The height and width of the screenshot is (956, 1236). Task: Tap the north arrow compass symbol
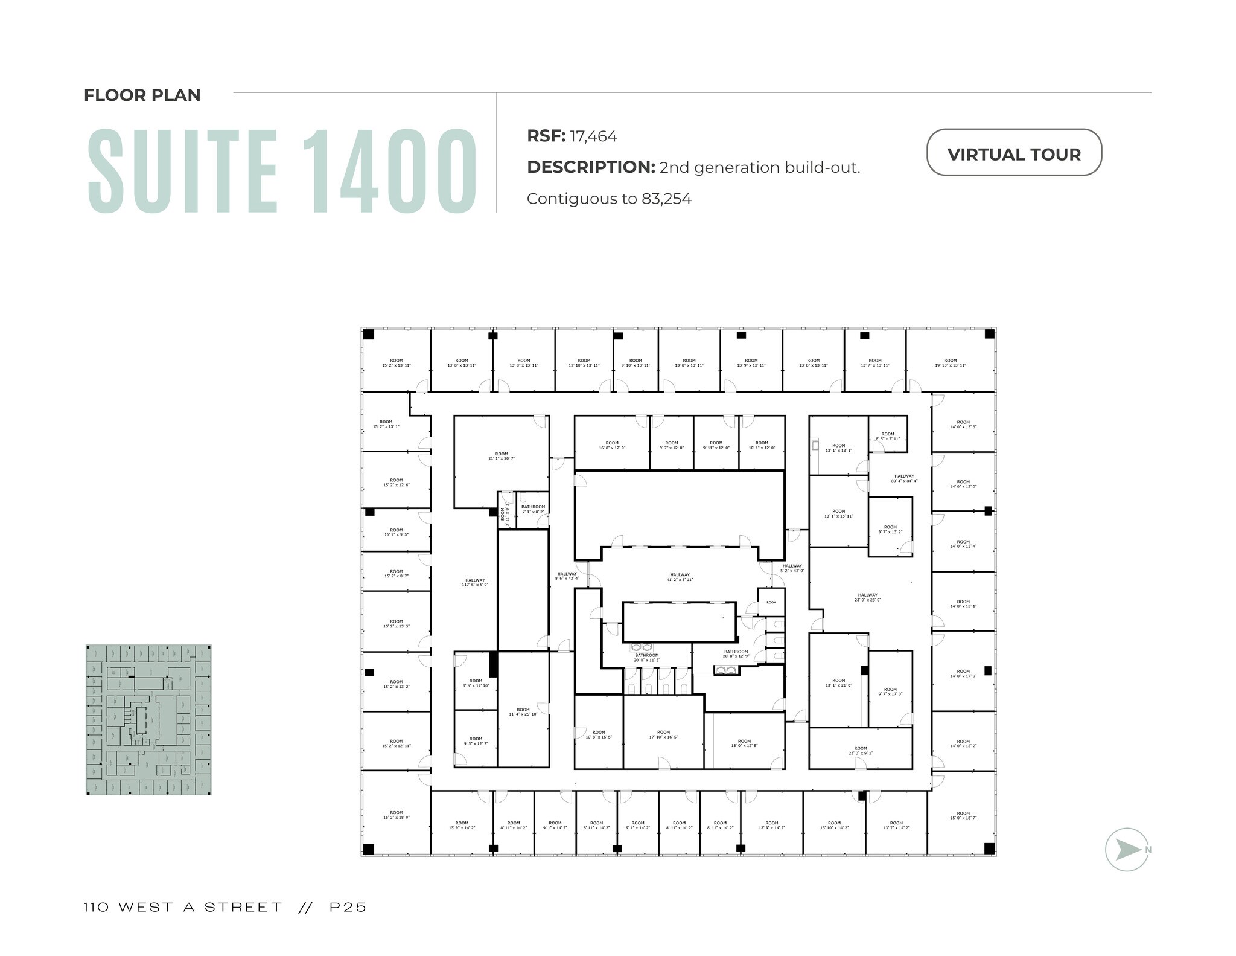pyautogui.click(x=1126, y=849)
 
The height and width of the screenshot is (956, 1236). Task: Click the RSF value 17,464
pyautogui.click(x=593, y=136)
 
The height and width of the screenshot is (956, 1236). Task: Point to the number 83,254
pyautogui.click(x=666, y=199)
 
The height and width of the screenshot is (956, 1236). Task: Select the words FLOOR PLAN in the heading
pyautogui.click(x=142, y=95)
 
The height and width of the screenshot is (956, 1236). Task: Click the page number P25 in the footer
pyautogui.click(x=348, y=907)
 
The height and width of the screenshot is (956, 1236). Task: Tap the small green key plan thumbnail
pyautogui.click(x=148, y=719)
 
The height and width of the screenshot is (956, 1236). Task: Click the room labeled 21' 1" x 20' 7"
pyautogui.click(x=502, y=456)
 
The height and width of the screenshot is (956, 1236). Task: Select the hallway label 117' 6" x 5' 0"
pyautogui.click(x=475, y=582)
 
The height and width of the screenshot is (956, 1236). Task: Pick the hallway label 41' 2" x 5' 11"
pyautogui.click(x=680, y=577)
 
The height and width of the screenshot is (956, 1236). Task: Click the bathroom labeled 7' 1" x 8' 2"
pyautogui.click(x=533, y=509)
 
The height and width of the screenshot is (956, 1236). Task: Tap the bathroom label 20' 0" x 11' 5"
pyautogui.click(x=646, y=658)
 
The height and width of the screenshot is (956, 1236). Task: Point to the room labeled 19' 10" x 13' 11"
pyautogui.click(x=950, y=363)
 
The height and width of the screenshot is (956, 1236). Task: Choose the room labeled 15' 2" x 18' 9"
pyautogui.click(x=396, y=815)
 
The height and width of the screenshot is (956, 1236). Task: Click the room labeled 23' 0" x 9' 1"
pyautogui.click(x=860, y=751)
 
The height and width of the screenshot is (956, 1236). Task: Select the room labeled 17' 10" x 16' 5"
pyautogui.click(x=663, y=734)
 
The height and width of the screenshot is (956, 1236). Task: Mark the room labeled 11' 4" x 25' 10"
pyautogui.click(x=523, y=712)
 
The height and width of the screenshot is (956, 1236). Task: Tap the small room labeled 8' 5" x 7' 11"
pyautogui.click(x=887, y=436)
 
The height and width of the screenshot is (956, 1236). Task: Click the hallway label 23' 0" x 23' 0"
pyautogui.click(x=867, y=597)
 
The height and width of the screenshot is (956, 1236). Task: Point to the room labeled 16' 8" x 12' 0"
pyautogui.click(x=612, y=445)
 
